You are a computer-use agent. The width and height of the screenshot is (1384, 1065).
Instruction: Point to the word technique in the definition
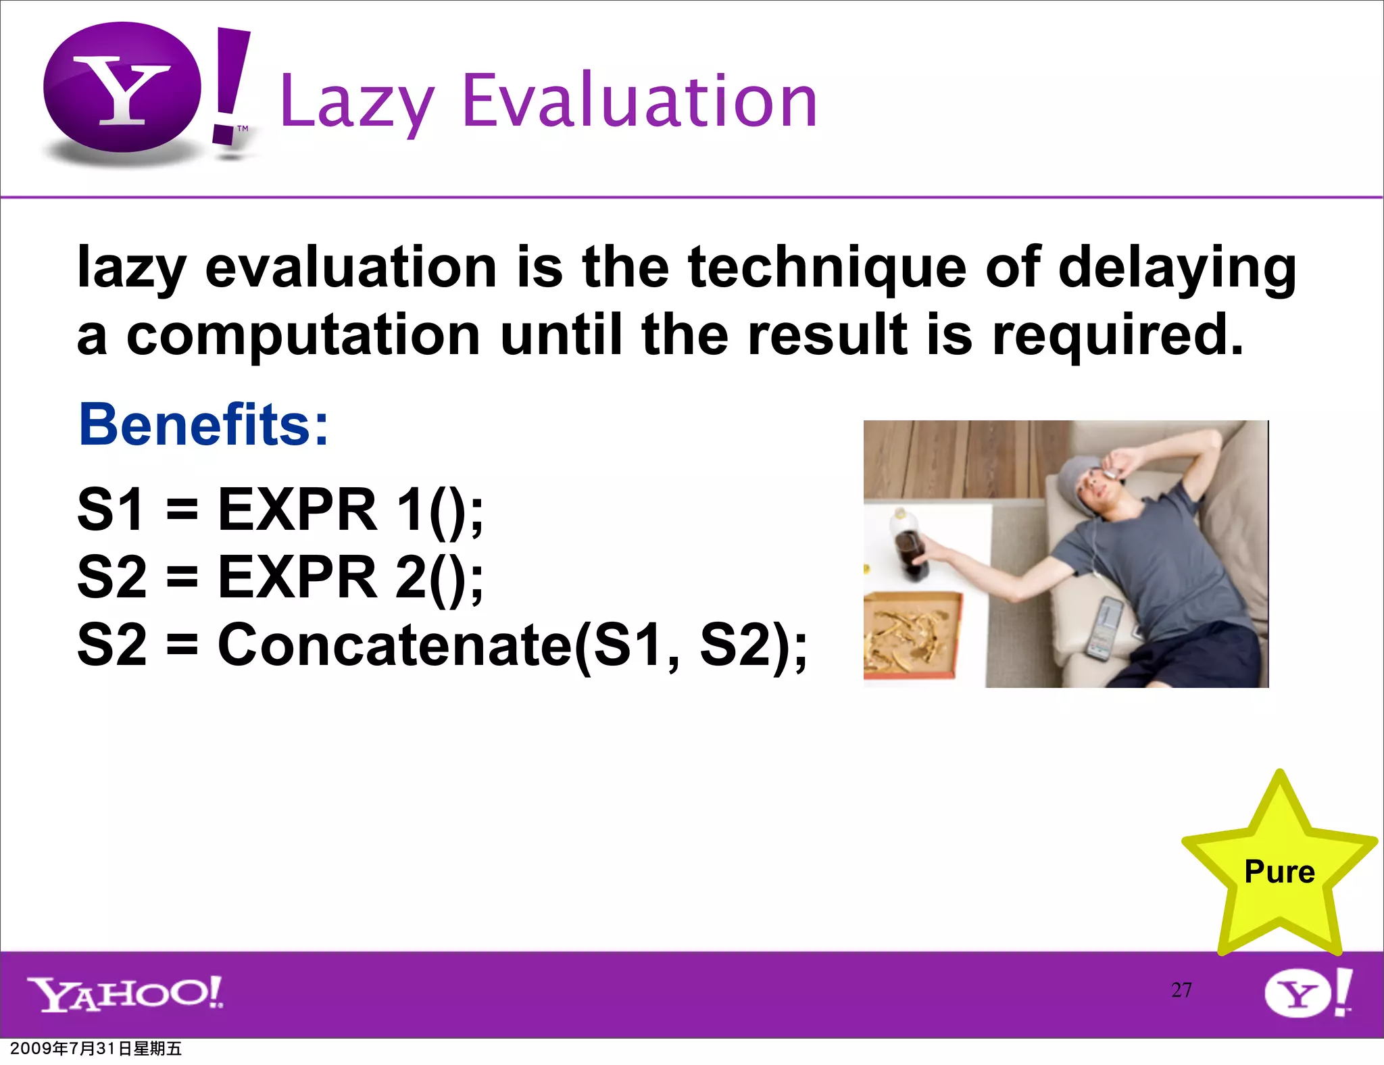click(x=827, y=268)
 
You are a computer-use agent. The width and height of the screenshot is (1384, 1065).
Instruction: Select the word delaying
click(x=1177, y=268)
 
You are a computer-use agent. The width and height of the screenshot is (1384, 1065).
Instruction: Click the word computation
click(x=303, y=335)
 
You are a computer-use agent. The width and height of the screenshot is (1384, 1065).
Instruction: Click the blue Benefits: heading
click(x=203, y=424)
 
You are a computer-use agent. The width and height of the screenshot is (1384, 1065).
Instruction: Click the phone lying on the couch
click(x=1104, y=628)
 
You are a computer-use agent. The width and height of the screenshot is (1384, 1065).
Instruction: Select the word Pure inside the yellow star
click(x=1279, y=872)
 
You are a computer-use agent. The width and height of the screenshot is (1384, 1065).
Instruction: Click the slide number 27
click(x=1181, y=990)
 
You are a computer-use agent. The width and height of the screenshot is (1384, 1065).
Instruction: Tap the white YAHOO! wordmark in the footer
click(x=125, y=993)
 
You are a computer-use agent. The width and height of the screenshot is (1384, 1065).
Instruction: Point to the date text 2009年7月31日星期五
click(x=96, y=1049)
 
